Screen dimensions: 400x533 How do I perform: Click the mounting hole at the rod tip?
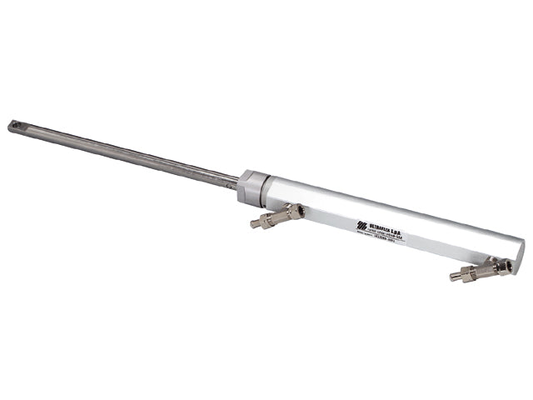(13, 127)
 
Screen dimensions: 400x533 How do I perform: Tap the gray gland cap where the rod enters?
(249, 187)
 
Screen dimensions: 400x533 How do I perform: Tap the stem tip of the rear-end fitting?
(453, 277)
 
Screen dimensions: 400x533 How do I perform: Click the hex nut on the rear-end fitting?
(469, 272)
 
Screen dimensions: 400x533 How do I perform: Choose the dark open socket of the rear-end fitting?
(506, 266)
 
